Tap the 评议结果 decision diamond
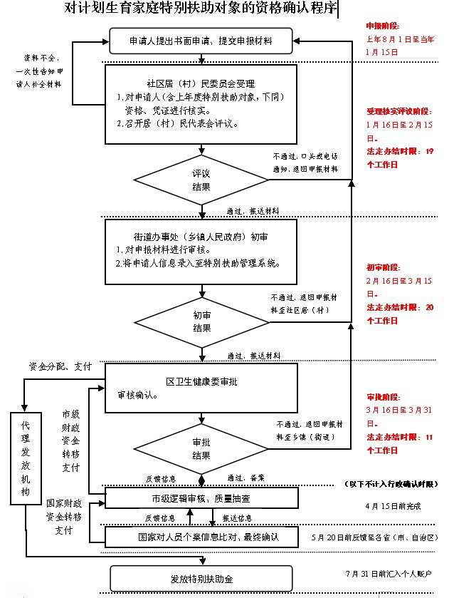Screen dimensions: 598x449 click(x=201, y=180)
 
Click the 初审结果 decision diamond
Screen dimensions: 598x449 click(x=201, y=321)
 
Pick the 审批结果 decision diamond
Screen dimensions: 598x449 click(x=201, y=448)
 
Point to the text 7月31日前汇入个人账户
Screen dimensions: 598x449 click(x=389, y=573)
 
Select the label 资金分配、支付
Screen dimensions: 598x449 click(x=60, y=366)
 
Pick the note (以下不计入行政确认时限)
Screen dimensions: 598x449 click(x=391, y=484)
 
